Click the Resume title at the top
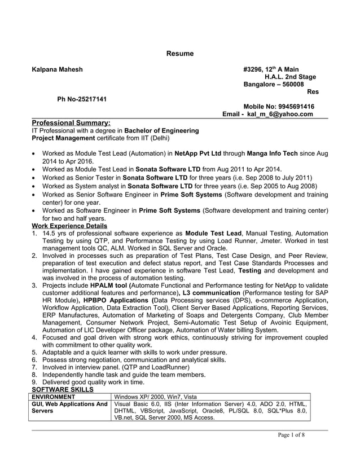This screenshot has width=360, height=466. pyautogui.click(x=179, y=54)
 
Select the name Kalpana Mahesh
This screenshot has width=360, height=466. pyautogui.click(x=57, y=69)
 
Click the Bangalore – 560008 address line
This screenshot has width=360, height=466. pyautogui.click(x=273, y=84)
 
